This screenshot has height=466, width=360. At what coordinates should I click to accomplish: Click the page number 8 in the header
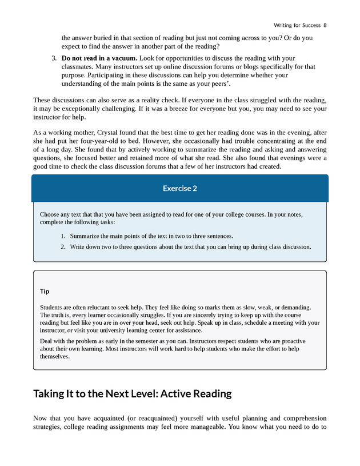coord(325,25)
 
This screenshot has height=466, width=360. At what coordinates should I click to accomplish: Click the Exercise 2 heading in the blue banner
coord(179,188)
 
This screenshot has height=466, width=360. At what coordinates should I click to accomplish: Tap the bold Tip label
coord(45,291)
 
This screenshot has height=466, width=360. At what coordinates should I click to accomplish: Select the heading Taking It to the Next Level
coord(132,393)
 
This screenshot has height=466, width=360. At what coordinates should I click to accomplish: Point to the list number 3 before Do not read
coord(54,58)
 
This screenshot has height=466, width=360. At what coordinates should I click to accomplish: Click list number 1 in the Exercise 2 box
coord(63,236)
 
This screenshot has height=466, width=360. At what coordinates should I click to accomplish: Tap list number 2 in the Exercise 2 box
coord(63,247)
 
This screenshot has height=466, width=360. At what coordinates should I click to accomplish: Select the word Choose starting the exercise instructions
coord(51,214)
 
